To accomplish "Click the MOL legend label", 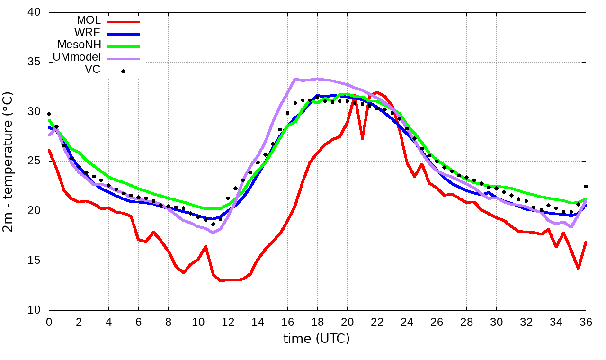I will pos(89,20).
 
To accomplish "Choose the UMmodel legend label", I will pos(79,58).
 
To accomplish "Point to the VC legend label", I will pos(92,71).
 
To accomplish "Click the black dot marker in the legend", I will pos(124,72).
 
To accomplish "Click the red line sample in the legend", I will pos(124,22).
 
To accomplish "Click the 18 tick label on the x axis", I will pos(317,322).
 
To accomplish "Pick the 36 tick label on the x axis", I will pos(586,322).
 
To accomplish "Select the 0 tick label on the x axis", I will pos(49,322).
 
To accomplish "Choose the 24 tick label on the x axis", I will pos(407,322).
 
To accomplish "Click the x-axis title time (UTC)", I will pos(316,339).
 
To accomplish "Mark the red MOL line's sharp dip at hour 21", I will pos(362,138).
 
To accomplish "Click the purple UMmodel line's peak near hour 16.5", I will pos(294,79).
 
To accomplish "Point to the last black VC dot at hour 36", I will pos(586,186).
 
